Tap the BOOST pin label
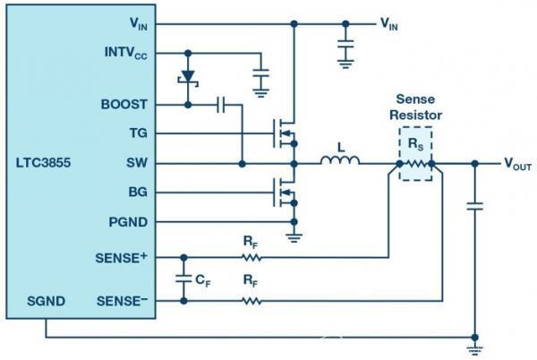(x=126, y=105)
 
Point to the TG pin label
(x=138, y=133)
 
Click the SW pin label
(x=137, y=163)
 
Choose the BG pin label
(x=137, y=192)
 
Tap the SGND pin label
(x=45, y=301)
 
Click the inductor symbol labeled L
(x=341, y=162)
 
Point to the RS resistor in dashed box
(x=415, y=164)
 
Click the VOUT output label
(x=520, y=164)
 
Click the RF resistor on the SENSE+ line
(x=251, y=257)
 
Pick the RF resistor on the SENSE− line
(x=251, y=301)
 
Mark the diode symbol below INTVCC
(x=188, y=77)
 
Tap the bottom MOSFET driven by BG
(x=285, y=191)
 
